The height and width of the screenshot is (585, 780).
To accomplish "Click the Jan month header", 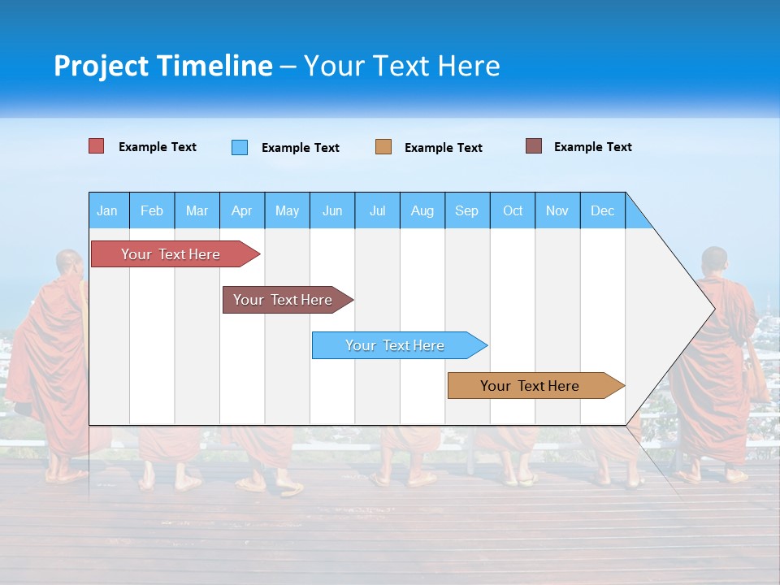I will (107, 210).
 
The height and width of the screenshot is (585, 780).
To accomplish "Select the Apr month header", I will (241, 210).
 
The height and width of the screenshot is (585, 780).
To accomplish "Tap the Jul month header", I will (377, 210).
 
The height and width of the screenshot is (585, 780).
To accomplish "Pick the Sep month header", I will (466, 210).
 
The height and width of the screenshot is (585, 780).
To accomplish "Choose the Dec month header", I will (602, 210).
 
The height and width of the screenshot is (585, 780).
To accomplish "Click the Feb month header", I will (152, 210).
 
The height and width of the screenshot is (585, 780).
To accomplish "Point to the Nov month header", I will (557, 210).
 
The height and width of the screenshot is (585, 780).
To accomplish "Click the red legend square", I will (97, 146).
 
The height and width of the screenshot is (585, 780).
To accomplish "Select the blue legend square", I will (240, 147).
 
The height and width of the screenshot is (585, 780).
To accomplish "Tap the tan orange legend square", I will (383, 147).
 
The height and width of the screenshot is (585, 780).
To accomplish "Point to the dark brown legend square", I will (534, 146).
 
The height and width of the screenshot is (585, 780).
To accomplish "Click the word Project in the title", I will (102, 66).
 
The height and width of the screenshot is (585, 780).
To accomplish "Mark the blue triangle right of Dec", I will (636, 216).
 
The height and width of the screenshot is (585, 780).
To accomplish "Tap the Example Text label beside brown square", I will (592, 147).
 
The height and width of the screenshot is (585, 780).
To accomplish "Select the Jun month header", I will (331, 210).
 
